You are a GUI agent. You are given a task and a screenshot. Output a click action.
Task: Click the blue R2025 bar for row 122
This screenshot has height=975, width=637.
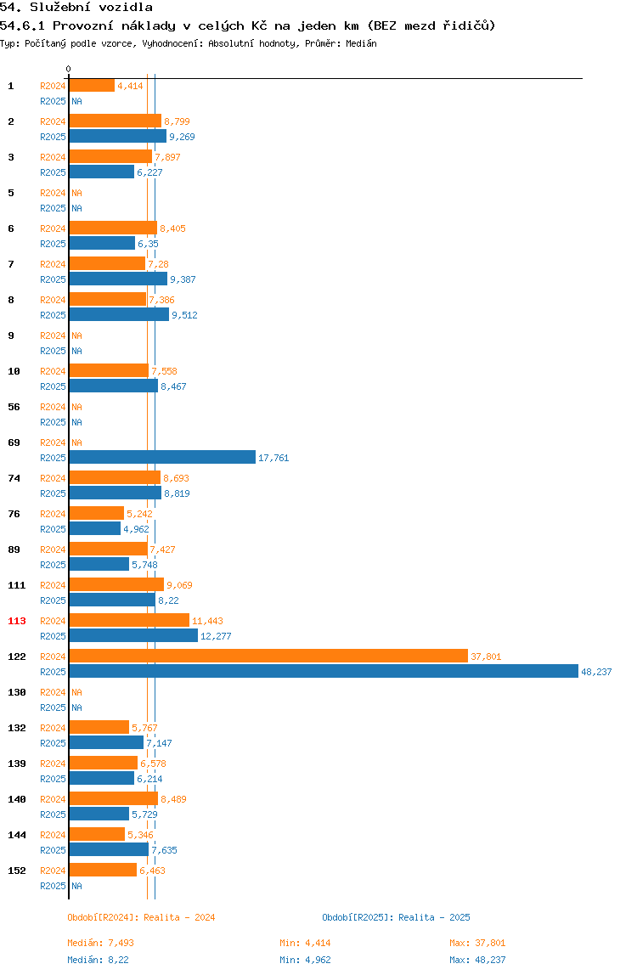coord(324,672)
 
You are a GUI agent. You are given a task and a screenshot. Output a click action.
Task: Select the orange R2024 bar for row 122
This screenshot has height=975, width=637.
coord(268,656)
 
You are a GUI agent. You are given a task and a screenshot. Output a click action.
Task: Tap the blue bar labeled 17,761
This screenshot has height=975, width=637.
coord(162,458)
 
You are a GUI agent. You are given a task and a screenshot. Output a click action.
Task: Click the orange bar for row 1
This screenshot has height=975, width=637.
coord(92,86)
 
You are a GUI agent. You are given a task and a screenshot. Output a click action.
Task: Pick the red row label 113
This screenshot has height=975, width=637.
coord(17,621)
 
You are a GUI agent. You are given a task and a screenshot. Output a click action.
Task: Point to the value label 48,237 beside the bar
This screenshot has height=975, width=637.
coord(596,672)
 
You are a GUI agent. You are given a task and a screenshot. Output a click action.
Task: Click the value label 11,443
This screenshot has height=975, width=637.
coord(207,621)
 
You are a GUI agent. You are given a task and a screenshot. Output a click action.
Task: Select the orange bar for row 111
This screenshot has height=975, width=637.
coord(116,584)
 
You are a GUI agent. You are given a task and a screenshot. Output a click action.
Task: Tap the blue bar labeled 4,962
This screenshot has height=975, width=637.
coord(94,528)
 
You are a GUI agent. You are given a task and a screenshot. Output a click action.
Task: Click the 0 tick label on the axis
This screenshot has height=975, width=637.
coord(69,69)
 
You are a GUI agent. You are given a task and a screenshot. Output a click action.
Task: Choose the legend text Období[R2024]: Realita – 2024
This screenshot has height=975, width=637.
coord(141,917)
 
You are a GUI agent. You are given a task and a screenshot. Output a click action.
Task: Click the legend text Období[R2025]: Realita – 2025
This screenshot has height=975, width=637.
coord(397,917)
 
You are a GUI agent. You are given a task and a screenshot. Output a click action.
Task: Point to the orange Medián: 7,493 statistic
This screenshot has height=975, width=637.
coord(101,943)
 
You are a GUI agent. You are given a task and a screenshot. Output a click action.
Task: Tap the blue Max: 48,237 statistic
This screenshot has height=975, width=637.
coord(477,960)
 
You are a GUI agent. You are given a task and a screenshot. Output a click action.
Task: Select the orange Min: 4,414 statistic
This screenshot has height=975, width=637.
coord(306,943)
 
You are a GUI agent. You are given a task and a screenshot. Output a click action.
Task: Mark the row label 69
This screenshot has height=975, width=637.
coord(14,442)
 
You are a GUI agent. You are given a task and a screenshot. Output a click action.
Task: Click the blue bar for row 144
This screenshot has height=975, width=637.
coord(109,849)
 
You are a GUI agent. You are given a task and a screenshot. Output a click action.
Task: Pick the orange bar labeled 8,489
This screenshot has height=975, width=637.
coord(113,798)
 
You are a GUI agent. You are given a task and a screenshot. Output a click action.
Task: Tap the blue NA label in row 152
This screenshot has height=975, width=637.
coord(76,886)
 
